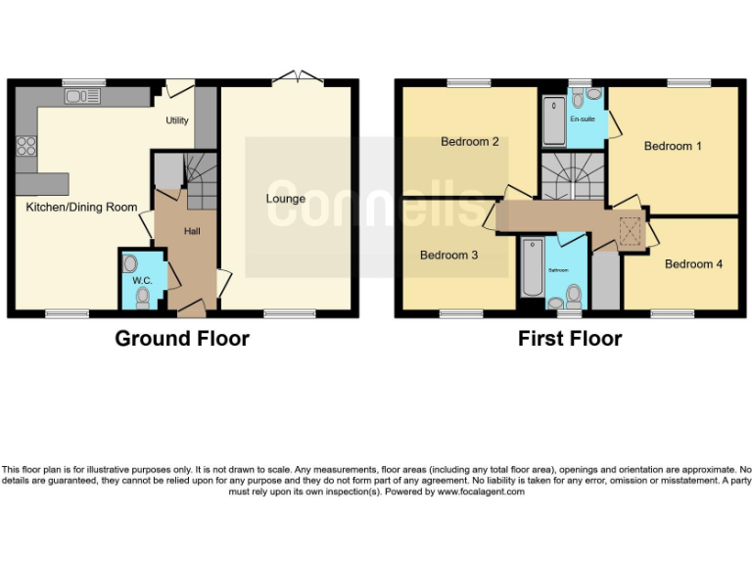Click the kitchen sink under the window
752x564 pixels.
[82, 96]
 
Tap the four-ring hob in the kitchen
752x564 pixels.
[26, 147]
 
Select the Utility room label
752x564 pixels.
[176, 120]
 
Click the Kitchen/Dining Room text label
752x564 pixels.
[68, 207]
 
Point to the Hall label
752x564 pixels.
[192, 231]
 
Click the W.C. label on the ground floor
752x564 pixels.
[143, 281]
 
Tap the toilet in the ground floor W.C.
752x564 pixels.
[144, 297]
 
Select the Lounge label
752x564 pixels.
[286, 199]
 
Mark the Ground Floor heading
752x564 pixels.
[182, 339]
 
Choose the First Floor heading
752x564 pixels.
[570, 339]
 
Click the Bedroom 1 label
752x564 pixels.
[673, 146]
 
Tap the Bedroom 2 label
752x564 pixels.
[469, 141]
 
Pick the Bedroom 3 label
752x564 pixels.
[448, 255]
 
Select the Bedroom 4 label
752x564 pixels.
[693, 263]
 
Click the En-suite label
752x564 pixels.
[583, 119]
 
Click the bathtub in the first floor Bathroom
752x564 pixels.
[532, 266]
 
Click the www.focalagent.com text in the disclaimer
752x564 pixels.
[480, 492]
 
